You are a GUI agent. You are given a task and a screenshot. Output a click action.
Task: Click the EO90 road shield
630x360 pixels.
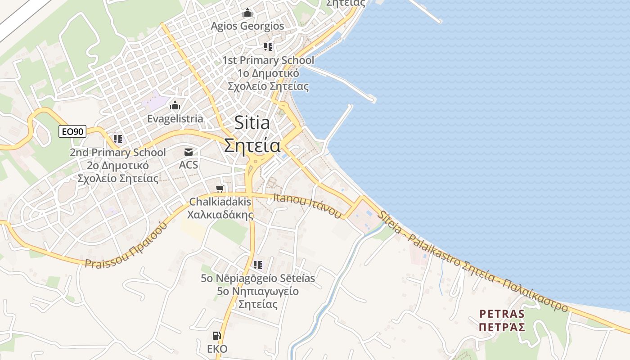(72, 131)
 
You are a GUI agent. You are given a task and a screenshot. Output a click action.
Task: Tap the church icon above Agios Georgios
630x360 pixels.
(247, 13)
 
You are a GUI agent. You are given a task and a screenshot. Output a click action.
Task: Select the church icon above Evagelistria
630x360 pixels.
(175, 106)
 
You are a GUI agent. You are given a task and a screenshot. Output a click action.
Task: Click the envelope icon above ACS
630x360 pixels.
(189, 152)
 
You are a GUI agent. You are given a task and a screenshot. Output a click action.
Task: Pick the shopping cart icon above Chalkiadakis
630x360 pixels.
(220, 189)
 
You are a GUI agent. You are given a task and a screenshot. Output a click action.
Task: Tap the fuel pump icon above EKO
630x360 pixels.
(217, 336)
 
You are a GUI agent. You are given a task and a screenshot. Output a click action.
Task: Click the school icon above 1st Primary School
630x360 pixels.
(268, 47)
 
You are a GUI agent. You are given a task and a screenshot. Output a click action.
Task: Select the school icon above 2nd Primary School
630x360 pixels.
(118, 139)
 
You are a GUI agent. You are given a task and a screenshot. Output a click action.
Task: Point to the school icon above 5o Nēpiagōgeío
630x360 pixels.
(258, 265)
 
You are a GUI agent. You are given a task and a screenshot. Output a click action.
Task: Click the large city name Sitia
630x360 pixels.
(252, 123)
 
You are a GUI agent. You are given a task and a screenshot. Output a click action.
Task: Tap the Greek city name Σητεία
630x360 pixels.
(252, 145)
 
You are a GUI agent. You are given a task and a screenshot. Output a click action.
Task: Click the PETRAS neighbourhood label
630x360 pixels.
(502, 314)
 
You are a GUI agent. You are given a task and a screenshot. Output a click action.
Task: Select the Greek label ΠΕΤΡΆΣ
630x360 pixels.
(502, 327)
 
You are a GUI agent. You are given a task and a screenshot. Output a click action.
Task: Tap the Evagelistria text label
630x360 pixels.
(175, 119)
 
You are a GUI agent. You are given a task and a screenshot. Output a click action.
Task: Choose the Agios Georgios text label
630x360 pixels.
(247, 26)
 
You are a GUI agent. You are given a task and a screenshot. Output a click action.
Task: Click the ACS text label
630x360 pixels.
(189, 165)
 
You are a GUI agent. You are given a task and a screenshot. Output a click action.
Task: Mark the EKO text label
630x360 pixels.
(217, 349)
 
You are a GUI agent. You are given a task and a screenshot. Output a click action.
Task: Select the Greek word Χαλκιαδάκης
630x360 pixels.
(220, 215)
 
